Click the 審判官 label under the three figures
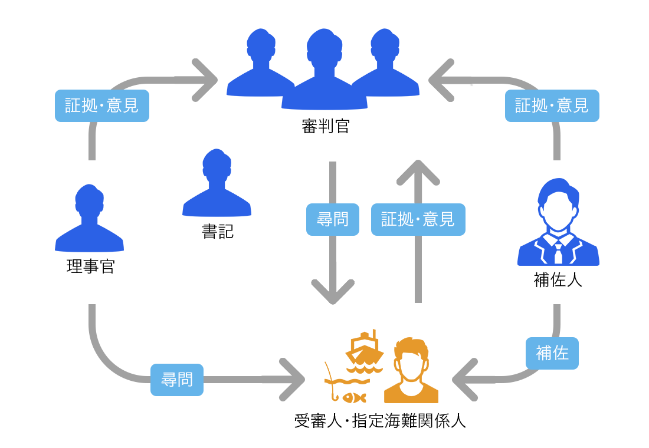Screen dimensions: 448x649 tap(325, 126)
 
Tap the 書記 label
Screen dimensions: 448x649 tap(217, 231)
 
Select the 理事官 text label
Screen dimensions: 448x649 tap(90, 266)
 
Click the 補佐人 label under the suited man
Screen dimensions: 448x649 tap(558, 279)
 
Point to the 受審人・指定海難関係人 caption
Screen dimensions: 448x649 tap(380, 421)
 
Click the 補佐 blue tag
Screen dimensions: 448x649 tap(552, 353)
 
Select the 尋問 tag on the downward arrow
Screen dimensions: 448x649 tap(333, 220)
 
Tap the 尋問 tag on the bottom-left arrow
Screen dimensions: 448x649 tap(177, 380)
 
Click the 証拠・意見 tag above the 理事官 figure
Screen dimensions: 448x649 tap(102, 106)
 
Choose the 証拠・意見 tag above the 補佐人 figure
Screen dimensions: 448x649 tap(552, 106)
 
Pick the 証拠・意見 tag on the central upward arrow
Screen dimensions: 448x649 tap(418, 220)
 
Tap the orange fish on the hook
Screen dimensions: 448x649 tap(355, 398)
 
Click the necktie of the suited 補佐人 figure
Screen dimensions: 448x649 tap(558, 253)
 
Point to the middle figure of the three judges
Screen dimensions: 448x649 tap(324, 71)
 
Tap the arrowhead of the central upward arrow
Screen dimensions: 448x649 tap(418, 172)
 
